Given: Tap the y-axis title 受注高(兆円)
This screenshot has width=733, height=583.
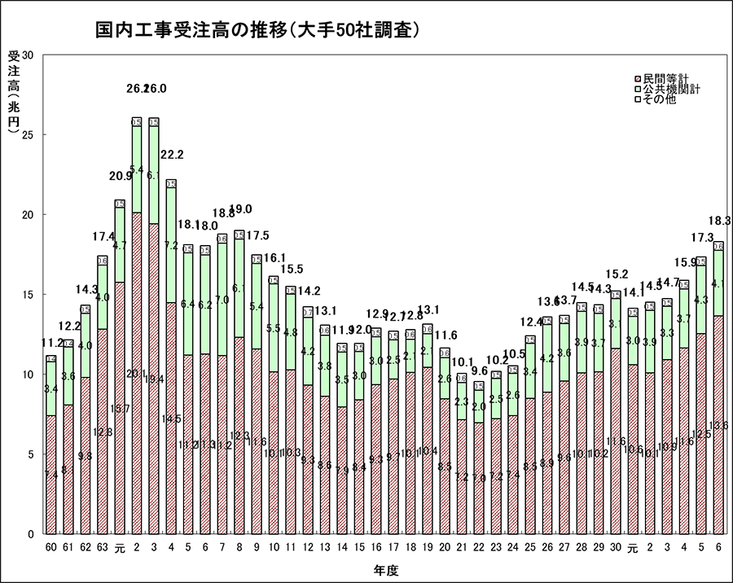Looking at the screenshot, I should pyautogui.click(x=13, y=90).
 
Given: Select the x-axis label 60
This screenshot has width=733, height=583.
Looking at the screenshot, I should pyautogui.click(x=50, y=546).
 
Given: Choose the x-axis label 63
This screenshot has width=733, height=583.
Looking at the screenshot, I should pyautogui.click(x=102, y=546).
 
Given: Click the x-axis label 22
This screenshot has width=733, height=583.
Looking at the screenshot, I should pyautogui.click(x=479, y=546).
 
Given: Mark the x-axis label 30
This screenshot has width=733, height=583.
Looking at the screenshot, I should pyautogui.click(x=615, y=546).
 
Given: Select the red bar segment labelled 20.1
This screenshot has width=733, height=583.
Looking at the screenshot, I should pyautogui.click(x=137, y=373).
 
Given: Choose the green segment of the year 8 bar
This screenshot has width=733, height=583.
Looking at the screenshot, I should pyautogui.click(x=239, y=287).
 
